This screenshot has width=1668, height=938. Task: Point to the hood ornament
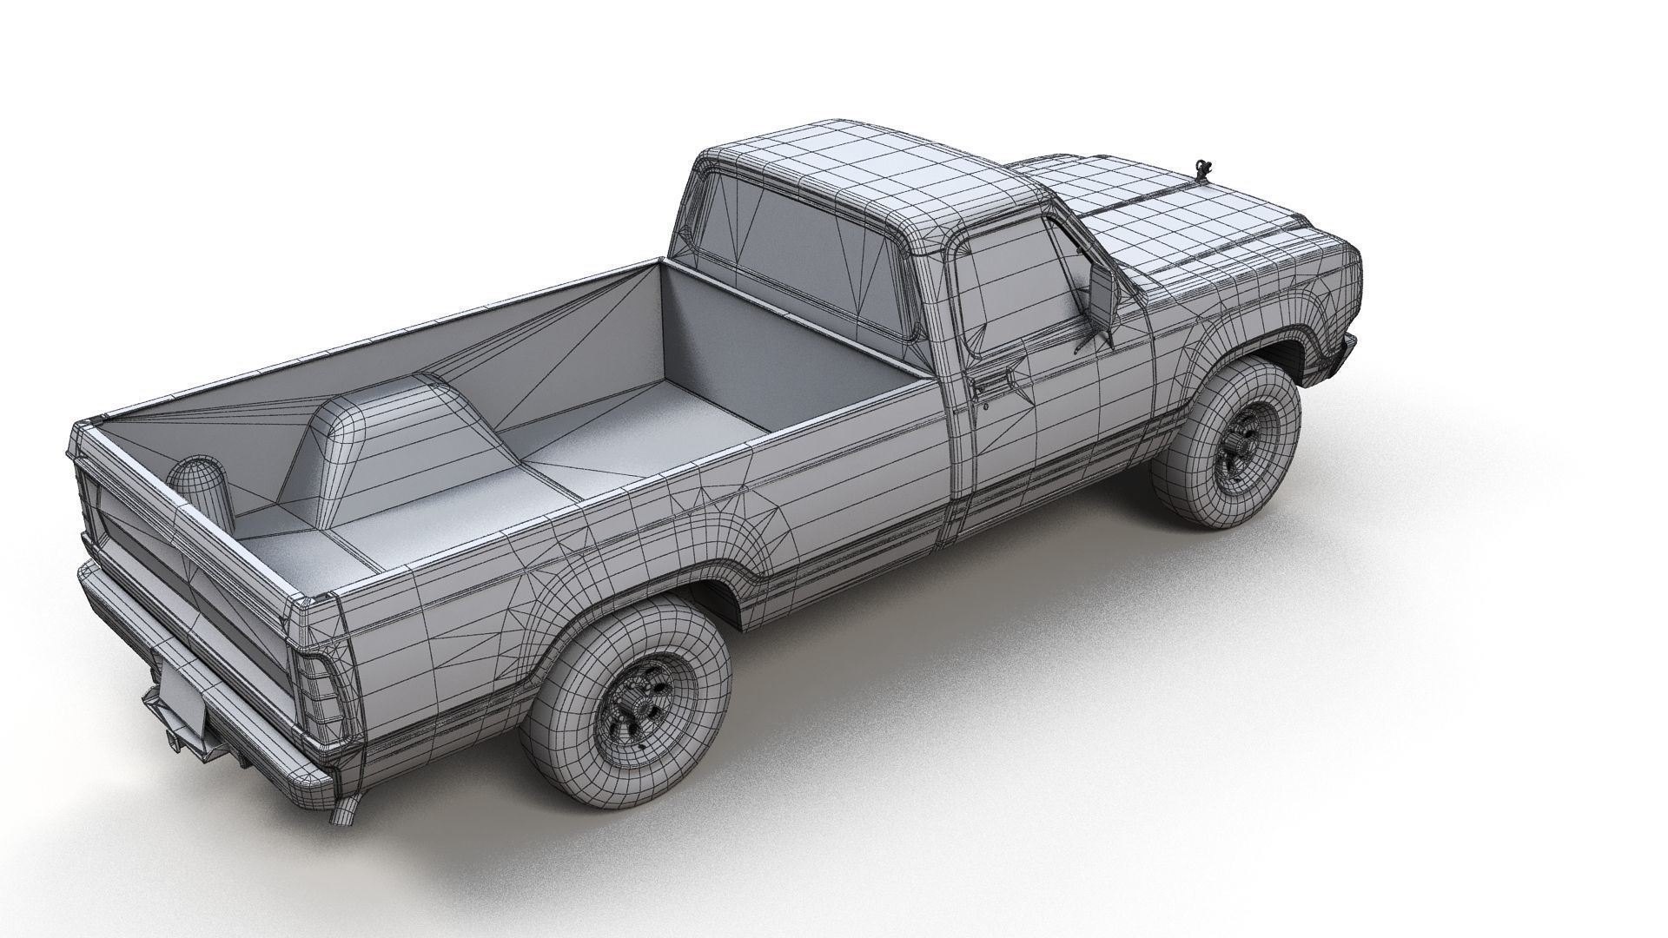1204,167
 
